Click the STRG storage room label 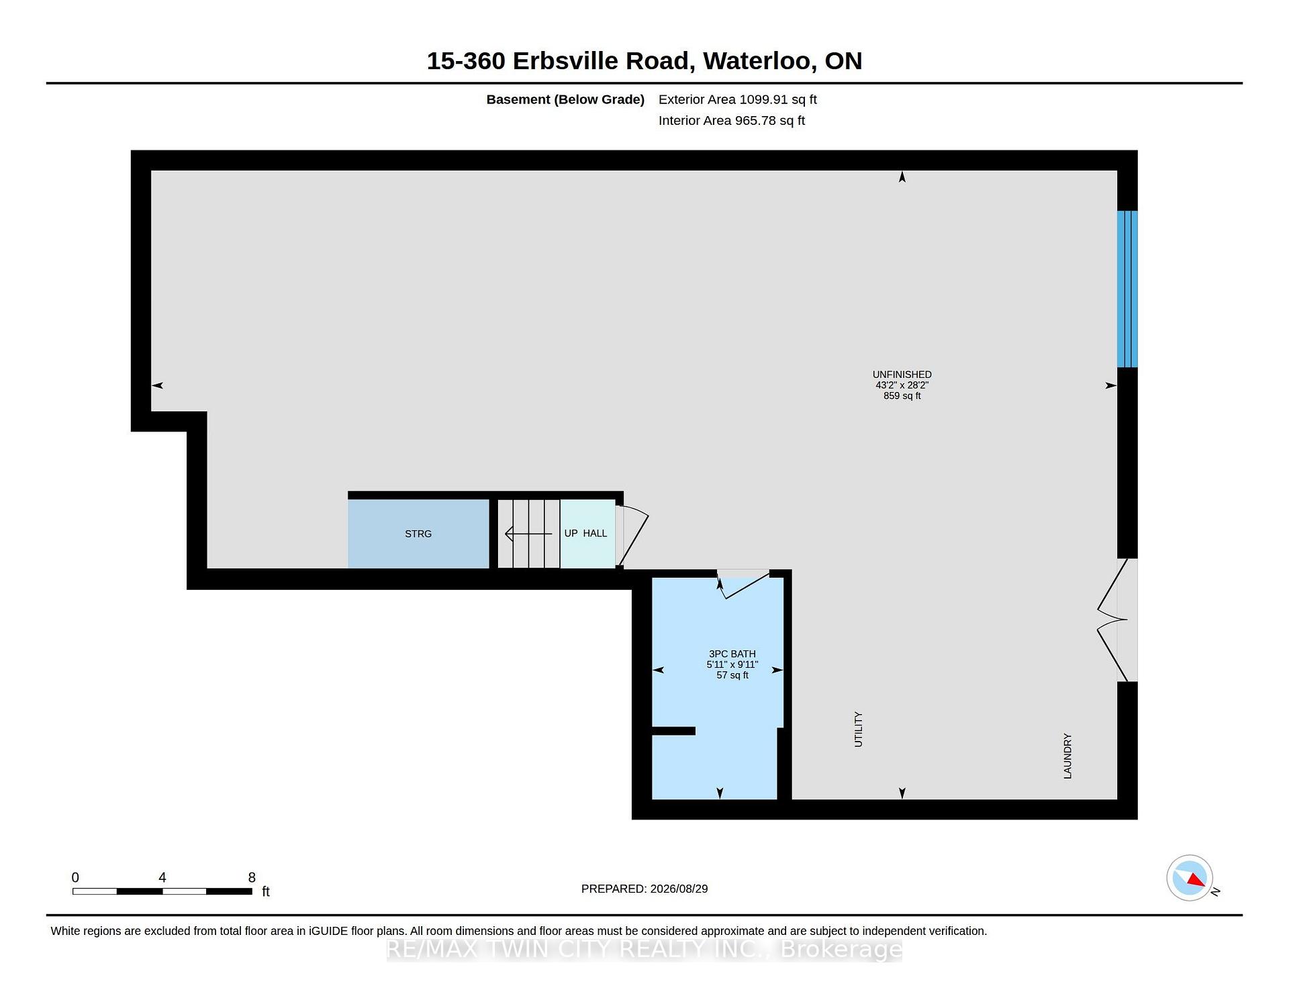point(418,534)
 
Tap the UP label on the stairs point(571,534)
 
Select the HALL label point(595,534)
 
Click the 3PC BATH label point(732,654)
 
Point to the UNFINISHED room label point(902,375)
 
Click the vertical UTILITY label point(858,730)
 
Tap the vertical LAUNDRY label point(1067,756)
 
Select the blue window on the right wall point(1127,289)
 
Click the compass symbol point(1190,878)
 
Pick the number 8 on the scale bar point(252,878)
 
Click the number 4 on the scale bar point(162,878)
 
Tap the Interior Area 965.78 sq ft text point(731,121)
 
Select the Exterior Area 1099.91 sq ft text point(737,100)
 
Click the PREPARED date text point(644,889)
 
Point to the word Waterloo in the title point(760,61)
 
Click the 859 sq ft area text point(902,396)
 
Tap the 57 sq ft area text point(732,675)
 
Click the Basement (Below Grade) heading point(565,100)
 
